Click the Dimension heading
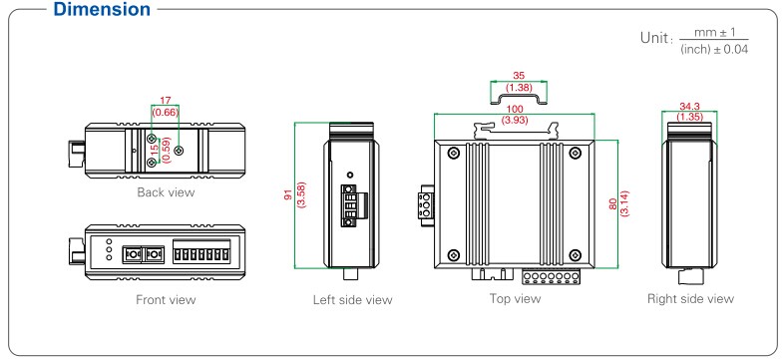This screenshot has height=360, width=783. click(x=102, y=10)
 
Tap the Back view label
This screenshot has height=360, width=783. click(x=166, y=192)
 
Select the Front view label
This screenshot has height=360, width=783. click(x=166, y=299)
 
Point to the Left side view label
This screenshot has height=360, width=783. click(x=352, y=299)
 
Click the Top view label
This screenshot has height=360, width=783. click(x=515, y=298)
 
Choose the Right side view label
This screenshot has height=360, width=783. click(x=690, y=298)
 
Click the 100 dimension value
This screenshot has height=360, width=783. click(x=515, y=110)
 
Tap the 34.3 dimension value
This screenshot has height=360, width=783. click(x=689, y=107)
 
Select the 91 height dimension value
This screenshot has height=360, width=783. click(x=288, y=194)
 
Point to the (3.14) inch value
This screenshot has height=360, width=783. click(x=624, y=203)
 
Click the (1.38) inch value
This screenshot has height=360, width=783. click(x=519, y=87)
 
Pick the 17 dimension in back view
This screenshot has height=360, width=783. click(x=165, y=101)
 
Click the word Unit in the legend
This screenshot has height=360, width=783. click(x=653, y=38)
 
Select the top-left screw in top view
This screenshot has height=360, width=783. click(x=454, y=153)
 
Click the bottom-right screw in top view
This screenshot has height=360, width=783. click(x=576, y=255)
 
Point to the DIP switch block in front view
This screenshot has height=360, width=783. click(x=201, y=251)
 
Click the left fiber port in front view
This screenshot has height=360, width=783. click(x=132, y=254)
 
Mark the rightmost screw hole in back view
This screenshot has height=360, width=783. click(x=181, y=150)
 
